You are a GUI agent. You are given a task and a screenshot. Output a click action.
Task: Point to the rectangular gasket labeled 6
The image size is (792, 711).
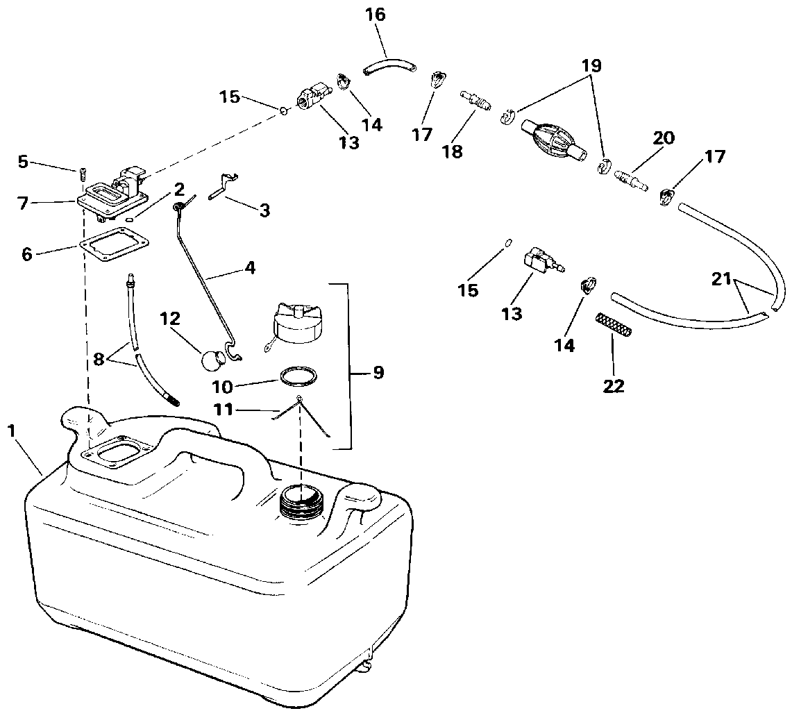coord(115,246)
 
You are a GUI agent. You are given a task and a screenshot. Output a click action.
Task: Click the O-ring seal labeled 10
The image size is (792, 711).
coord(298,376)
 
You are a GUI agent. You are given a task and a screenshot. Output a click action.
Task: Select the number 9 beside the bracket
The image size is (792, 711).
coord(378,373)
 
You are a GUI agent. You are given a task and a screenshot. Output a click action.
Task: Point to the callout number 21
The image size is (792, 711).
coord(722,278)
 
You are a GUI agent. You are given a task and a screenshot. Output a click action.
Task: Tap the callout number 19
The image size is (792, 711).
coord(591,66)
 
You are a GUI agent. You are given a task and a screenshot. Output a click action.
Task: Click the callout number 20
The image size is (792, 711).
coord(663,138)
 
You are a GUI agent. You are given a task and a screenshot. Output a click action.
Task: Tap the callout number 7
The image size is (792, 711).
coord(23,203)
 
